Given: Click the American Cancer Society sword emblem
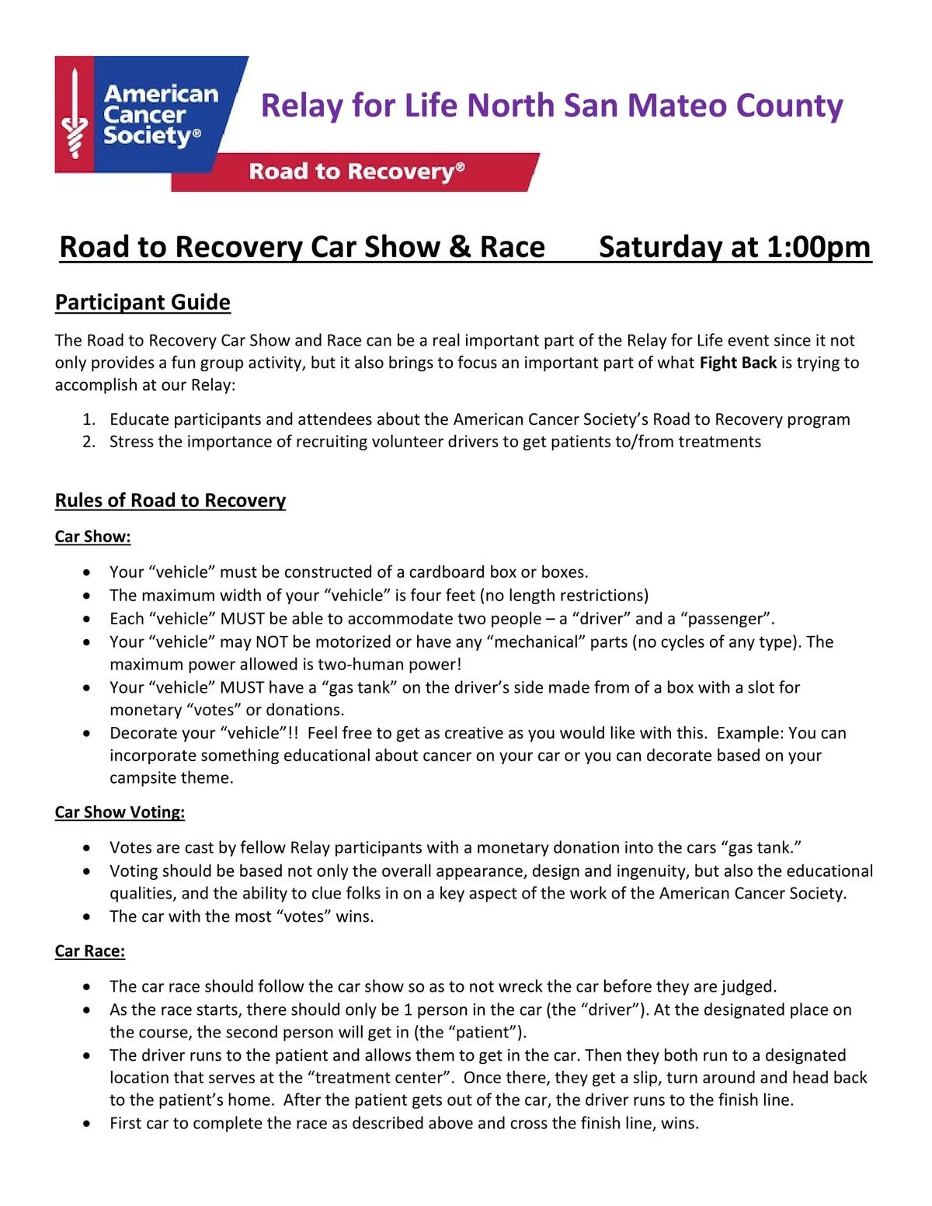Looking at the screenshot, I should (75, 114).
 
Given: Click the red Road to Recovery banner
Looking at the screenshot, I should (356, 172).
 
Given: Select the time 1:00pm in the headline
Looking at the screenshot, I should (819, 247).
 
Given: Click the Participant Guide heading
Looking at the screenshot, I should (143, 302).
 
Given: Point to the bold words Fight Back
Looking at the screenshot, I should (738, 363).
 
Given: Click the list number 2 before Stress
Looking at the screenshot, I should (89, 442).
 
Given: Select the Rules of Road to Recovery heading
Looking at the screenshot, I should (170, 500).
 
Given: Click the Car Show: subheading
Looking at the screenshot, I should (92, 537).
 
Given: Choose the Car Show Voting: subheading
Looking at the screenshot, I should (120, 812).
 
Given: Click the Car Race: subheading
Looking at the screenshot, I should (90, 951).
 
